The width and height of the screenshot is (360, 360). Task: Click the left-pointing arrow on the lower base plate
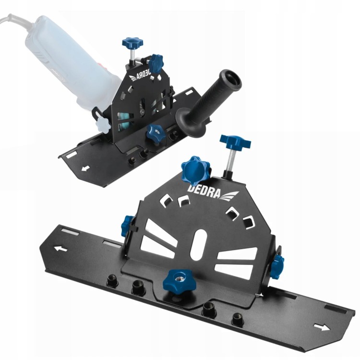pyautogui.click(x=60, y=249)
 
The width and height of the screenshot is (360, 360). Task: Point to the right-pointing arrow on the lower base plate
pyautogui.click(x=321, y=328)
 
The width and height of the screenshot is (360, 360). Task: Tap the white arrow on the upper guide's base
pyautogui.click(x=85, y=169)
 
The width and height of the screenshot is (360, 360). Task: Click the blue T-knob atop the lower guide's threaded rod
pyautogui.click(x=235, y=142)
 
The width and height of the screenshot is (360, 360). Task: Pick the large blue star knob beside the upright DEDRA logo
pyautogui.click(x=196, y=168)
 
